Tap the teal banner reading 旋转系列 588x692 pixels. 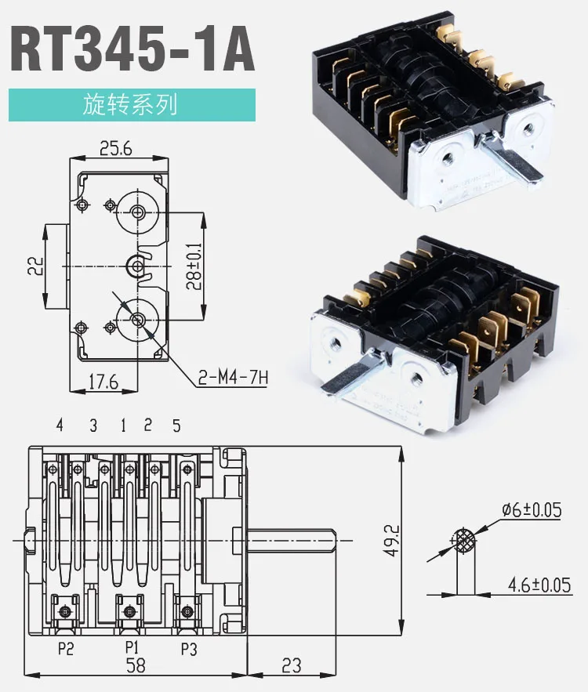coord(132,105)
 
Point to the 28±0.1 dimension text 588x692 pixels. coord(194,266)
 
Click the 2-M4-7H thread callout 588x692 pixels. coord(233,379)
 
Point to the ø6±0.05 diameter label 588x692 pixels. coord(531,510)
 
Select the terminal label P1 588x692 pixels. coord(131,647)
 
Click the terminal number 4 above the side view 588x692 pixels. coord(60,426)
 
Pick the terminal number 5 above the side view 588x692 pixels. coord(176,426)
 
